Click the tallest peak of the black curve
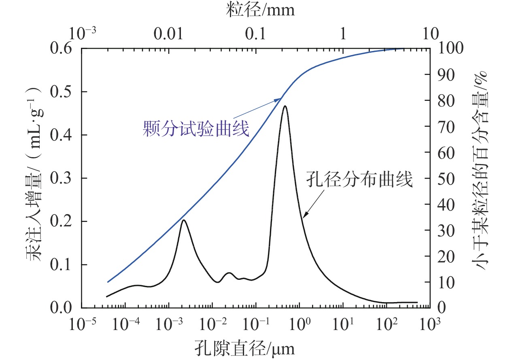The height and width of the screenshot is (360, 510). tap(285, 106)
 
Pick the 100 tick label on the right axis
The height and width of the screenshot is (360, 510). tap(452, 49)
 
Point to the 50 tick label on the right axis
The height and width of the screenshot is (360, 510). tap(448, 178)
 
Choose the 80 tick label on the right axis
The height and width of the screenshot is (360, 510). tap(448, 100)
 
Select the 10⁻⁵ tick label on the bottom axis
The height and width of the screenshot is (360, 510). tap(81, 324)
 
